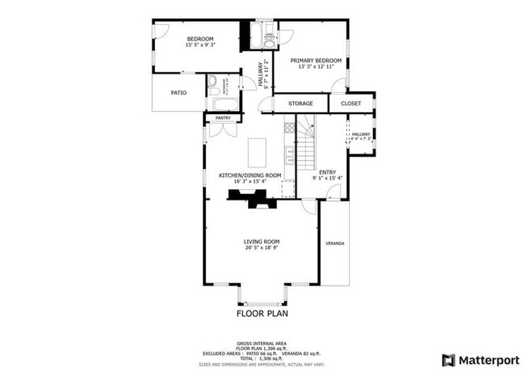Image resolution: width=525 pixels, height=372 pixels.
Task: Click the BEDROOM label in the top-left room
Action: click(199, 39)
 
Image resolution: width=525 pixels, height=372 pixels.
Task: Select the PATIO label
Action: click(178, 93)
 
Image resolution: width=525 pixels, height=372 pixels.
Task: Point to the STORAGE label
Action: click(300, 104)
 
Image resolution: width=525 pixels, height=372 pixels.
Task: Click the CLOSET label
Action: click(351, 104)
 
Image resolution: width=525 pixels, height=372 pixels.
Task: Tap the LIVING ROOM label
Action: click(262, 241)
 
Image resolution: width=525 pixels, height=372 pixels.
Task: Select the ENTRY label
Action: click(327, 171)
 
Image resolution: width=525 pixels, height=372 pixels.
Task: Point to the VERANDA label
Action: click(334, 243)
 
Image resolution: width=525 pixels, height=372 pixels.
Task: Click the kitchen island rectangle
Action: click(257, 151)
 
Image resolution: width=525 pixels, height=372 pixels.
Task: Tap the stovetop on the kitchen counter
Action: click(288, 129)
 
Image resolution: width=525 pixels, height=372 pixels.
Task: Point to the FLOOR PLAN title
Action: click(262, 313)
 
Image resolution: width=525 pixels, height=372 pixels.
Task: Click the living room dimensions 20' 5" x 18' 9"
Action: click(262, 248)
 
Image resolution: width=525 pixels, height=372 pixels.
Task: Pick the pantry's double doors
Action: click(220, 128)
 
